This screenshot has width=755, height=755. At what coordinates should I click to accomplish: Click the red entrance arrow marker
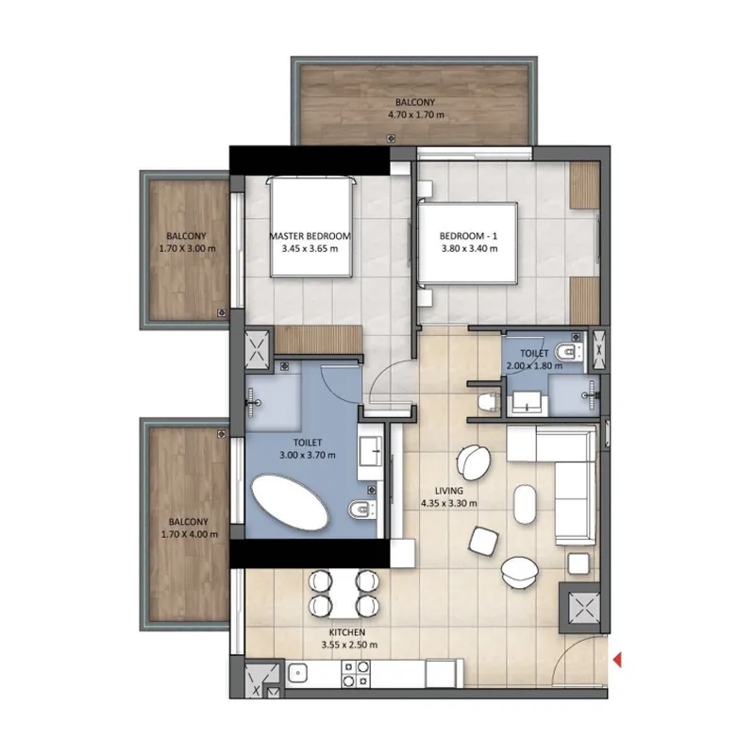click(617, 661)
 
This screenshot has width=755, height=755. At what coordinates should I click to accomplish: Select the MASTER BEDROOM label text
click(310, 236)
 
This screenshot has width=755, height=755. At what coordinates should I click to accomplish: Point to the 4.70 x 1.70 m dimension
click(415, 115)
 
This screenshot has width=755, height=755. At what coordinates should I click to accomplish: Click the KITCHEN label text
click(347, 633)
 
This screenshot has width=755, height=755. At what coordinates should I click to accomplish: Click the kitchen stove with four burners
click(356, 674)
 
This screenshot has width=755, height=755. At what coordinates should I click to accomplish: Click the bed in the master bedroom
click(310, 226)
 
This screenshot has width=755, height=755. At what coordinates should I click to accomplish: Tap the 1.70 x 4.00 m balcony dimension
click(189, 533)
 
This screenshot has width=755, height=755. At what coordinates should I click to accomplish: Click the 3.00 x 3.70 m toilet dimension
click(308, 454)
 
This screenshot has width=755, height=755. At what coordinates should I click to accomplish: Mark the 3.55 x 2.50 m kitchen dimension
click(347, 646)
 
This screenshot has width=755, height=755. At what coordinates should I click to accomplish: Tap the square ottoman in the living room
click(485, 540)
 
